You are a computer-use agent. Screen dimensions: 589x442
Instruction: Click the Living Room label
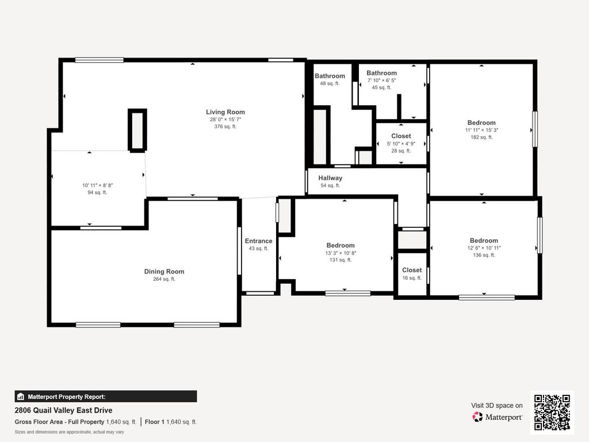225,112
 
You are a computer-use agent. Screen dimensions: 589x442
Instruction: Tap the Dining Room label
164,272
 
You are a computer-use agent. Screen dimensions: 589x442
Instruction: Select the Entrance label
258,241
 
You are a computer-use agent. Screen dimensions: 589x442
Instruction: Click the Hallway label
330,178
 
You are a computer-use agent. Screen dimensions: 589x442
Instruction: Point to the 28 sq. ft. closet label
401,136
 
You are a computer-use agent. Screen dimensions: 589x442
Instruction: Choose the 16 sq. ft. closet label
412,270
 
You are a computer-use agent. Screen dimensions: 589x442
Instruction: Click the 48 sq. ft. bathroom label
330,76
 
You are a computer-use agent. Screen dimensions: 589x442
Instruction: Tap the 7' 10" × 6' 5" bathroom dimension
382,81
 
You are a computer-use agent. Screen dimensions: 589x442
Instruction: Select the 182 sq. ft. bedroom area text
481,137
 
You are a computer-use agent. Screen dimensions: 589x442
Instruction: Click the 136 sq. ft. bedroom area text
484,255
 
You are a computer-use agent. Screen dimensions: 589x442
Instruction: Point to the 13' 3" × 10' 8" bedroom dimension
341,253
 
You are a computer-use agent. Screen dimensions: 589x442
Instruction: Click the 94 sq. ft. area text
97,192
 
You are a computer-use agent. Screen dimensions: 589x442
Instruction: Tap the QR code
552,412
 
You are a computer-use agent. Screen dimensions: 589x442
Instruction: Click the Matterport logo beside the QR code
497,417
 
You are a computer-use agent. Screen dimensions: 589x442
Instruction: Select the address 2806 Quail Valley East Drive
63,410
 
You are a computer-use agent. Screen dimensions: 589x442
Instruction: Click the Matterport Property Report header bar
106,397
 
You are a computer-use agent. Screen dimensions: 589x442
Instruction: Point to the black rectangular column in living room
137,131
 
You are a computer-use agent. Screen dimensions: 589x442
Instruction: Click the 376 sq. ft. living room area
225,127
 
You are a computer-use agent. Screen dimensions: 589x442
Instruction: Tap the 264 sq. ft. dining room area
164,279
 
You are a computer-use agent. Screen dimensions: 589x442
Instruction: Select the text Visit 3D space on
496,406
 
